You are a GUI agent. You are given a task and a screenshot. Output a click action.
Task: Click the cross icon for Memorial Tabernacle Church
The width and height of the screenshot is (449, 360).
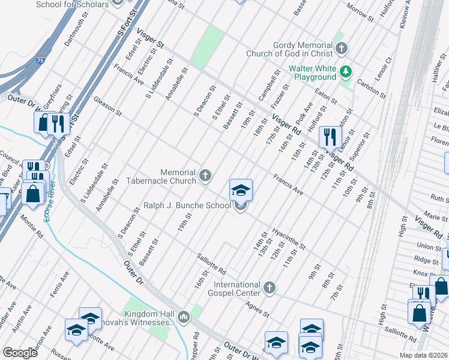tap(205, 175)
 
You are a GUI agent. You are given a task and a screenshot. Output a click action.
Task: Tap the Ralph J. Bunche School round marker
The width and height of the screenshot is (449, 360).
tap(241, 206)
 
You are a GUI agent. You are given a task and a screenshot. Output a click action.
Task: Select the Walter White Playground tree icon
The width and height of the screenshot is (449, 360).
tap(345, 73)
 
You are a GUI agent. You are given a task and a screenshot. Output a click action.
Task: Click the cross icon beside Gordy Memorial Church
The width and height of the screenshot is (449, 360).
tap(342, 48)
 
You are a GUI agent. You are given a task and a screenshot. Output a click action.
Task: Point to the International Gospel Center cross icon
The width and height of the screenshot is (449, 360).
tap(270, 289)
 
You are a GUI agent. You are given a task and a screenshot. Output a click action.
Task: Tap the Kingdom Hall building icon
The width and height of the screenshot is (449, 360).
tap(184, 315)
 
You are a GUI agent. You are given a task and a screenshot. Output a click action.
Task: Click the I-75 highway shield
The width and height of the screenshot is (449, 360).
tap(40, 61)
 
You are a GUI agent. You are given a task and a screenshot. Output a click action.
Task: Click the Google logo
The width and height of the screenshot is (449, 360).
tap(20, 353)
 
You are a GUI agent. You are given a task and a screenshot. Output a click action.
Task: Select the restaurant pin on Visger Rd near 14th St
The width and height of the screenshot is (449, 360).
tap(330, 137)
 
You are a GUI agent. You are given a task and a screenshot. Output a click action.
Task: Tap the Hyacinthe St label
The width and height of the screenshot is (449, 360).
tap(288, 238)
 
